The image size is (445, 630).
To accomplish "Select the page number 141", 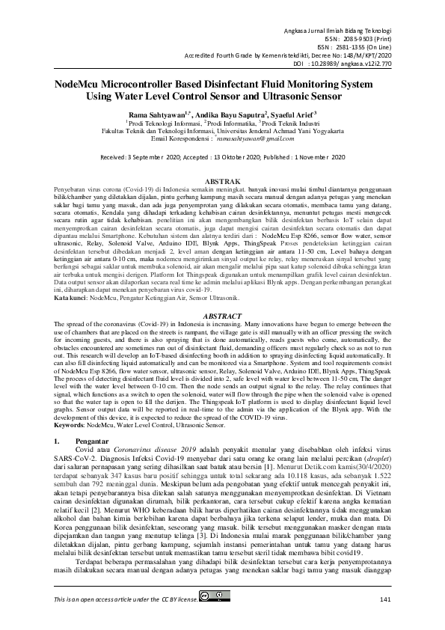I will pos(385,599).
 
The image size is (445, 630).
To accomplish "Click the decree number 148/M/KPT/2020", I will pos(362,55).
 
